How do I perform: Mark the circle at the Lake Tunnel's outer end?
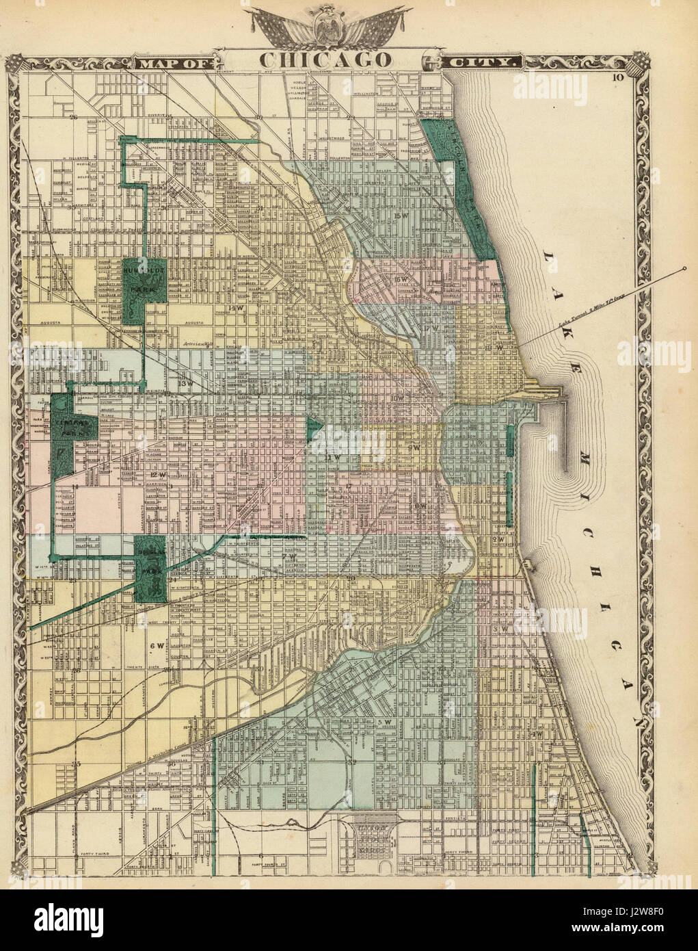[684, 272]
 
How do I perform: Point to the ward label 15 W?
[401, 217]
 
